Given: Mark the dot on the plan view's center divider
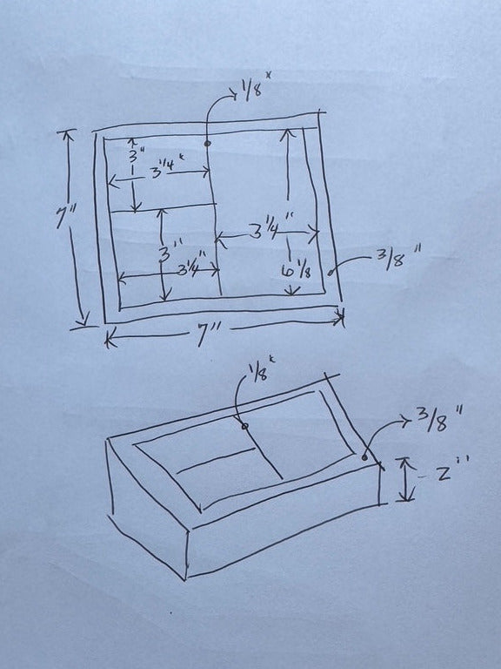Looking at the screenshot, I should pyautogui.click(x=207, y=142).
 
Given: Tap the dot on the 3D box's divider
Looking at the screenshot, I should pyautogui.click(x=244, y=426).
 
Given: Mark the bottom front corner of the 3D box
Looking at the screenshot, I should pyautogui.click(x=186, y=578).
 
